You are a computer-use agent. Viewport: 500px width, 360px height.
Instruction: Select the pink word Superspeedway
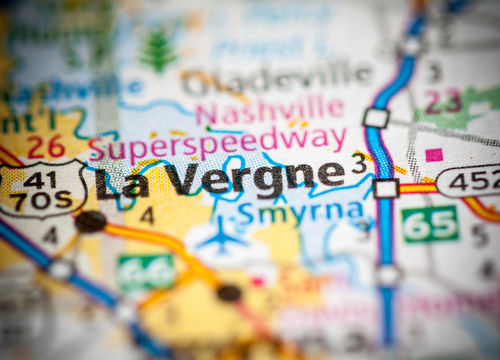click(x=216, y=144)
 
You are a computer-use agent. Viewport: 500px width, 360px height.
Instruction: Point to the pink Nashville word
click(x=270, y=108)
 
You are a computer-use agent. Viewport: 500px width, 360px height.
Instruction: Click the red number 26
click(x=45, y=147)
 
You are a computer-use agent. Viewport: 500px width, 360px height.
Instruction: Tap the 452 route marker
click(x=470, y=180)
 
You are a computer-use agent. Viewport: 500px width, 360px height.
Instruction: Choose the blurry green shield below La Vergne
click(x=147, y=271)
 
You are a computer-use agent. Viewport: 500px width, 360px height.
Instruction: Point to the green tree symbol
click(x=158, y=51)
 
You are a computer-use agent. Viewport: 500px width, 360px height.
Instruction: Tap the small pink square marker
click(x=433, y=155)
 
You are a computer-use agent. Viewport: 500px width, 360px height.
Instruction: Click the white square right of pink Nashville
click(x=375, y=117)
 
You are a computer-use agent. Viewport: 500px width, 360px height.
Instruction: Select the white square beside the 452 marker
click(x=387, y=188)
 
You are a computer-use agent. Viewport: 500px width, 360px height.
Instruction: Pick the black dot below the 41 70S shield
click(x=90, y=221)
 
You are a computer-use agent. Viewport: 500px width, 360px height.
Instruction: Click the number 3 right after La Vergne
click(x=358, y=164)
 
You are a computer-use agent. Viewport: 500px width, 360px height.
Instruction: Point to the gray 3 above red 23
click(x=434, y=72)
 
